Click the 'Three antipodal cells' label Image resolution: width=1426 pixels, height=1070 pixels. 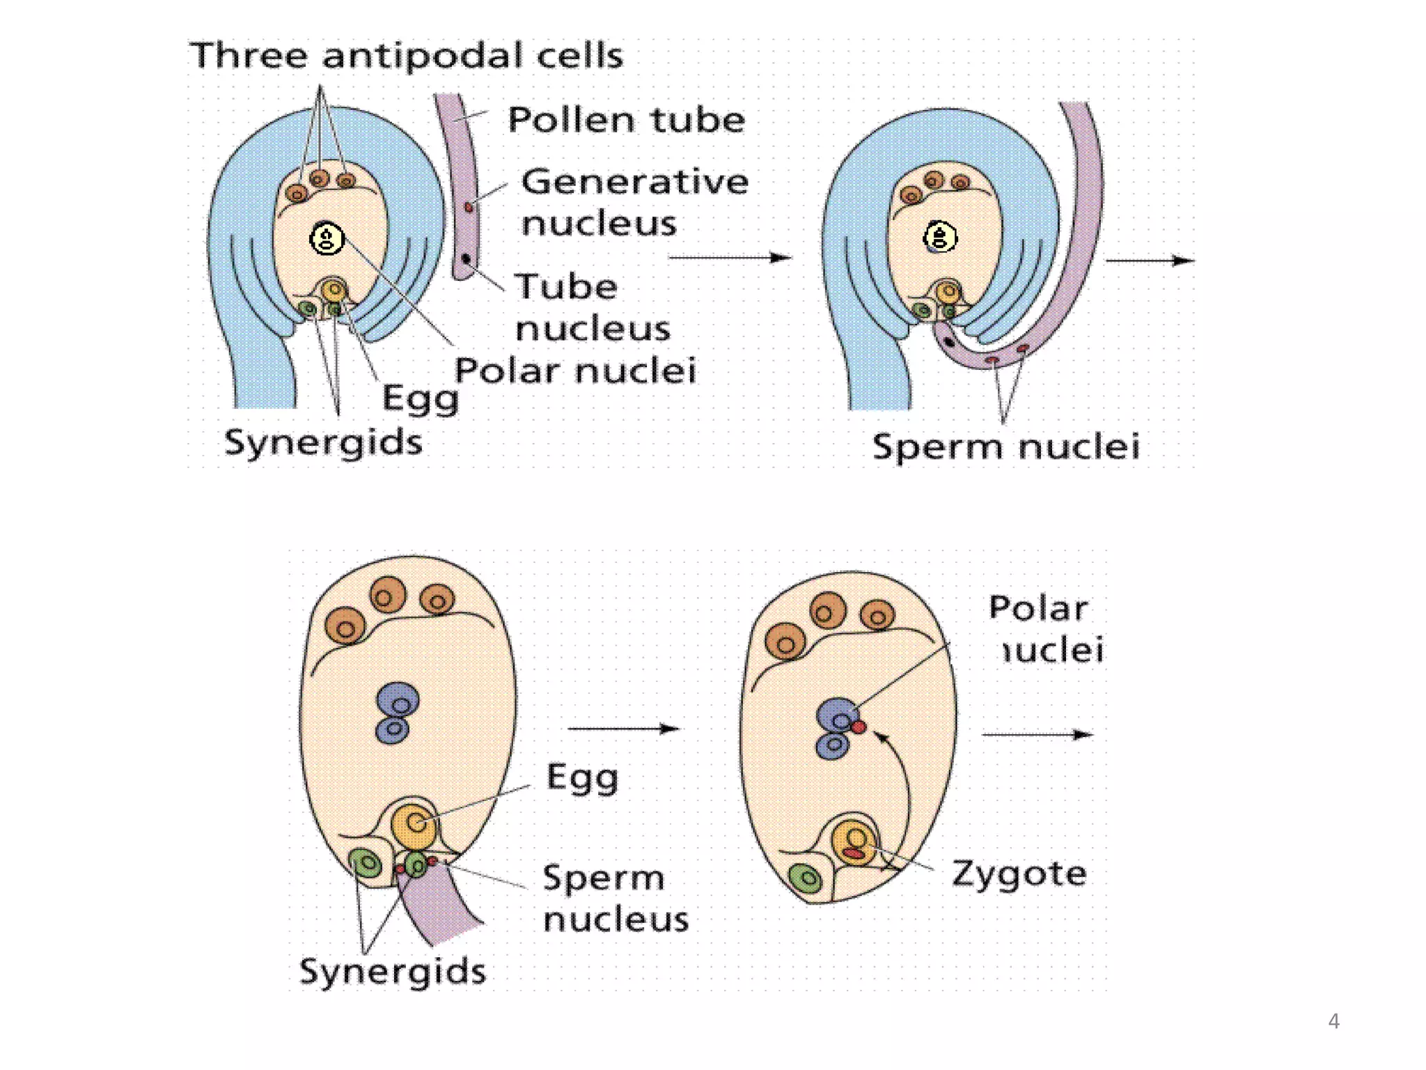[x=406, y=56]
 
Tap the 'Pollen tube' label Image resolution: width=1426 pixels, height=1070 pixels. [x=626, y=120]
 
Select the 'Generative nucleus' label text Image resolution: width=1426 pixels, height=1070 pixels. [x=634, y=202]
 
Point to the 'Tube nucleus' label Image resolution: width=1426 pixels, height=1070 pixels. [x=593, y=307]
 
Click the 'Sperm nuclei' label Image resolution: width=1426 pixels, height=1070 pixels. [x=1005, y=447]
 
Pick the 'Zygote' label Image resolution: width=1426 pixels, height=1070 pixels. [x=1019, y=874]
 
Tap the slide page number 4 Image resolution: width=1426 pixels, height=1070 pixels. [x=1333, y=1021]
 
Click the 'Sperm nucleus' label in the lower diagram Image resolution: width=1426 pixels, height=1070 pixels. [x=616, y=898]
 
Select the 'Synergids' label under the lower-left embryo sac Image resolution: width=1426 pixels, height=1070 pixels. [x=392, y=971]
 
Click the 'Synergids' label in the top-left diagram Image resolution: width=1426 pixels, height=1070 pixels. [x=323, y=443]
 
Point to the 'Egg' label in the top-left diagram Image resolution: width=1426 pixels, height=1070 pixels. [x=420, y=399]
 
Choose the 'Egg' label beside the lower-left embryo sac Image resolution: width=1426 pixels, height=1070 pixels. [x=582, y=777]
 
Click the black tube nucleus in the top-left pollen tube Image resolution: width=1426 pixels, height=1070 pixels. [x=466, y=260]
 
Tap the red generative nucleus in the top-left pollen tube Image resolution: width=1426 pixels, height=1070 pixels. [x=469, y=207]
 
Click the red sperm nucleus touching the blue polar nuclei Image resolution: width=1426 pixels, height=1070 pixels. [x=859, y=727]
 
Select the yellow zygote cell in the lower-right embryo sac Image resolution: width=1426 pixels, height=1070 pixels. [x=854, y=842]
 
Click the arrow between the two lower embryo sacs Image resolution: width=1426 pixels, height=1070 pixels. [x=623, y=729]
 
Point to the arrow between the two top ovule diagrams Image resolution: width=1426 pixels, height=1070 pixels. [x=729, y=258]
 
